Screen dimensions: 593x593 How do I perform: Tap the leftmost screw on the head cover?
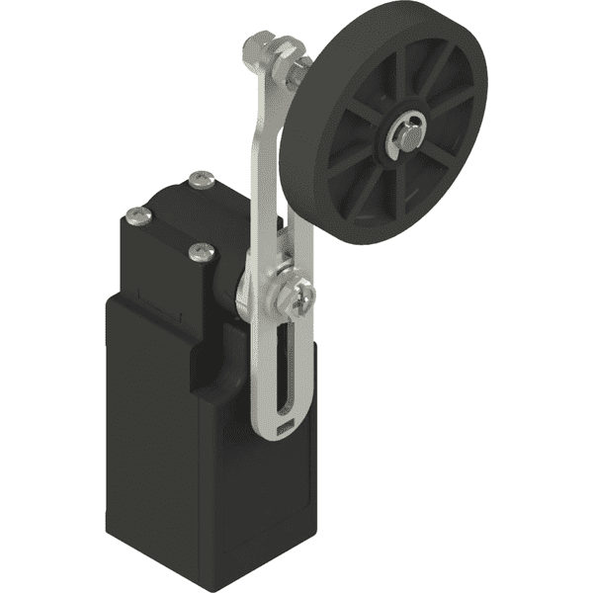pos(135,212)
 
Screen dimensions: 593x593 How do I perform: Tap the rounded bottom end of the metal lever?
pos(281,435)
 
